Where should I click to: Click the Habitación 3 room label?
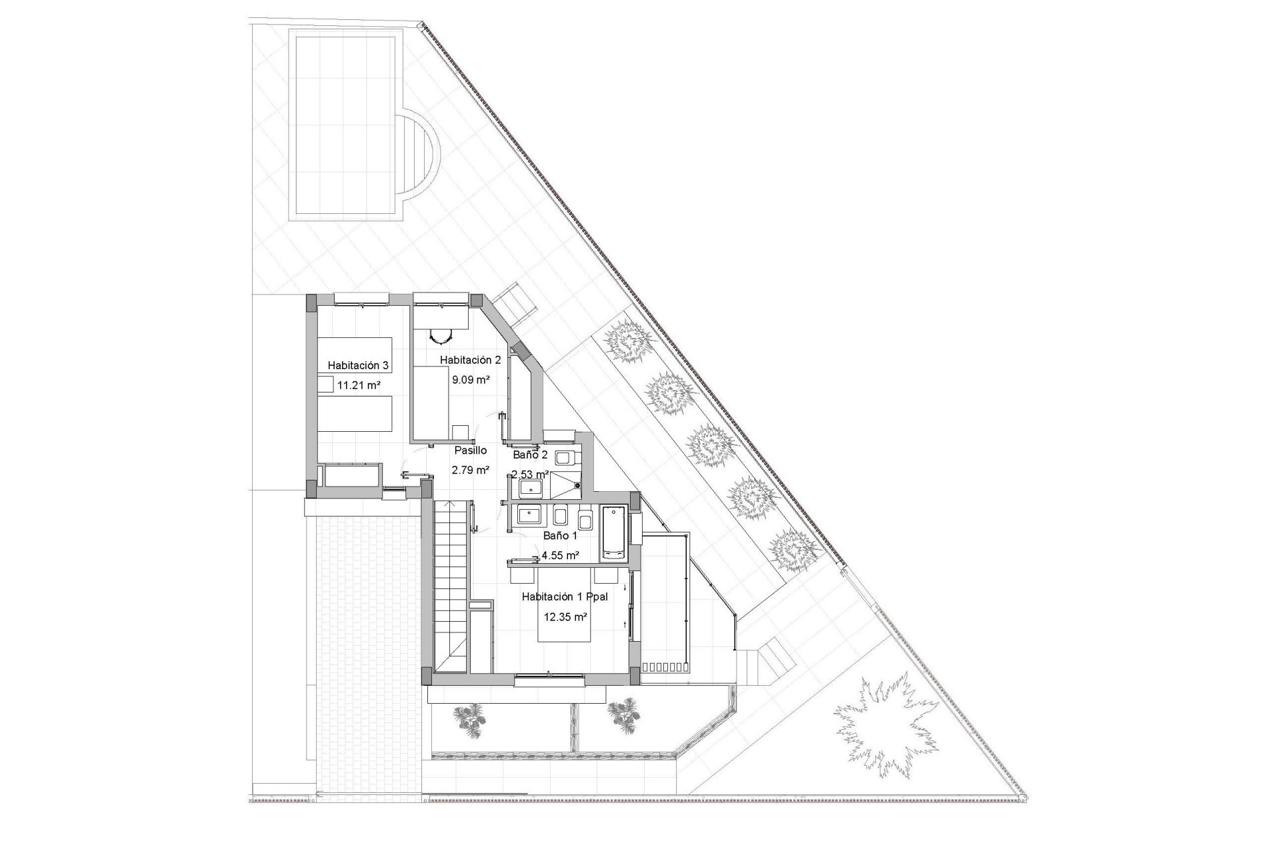tap(358, 365)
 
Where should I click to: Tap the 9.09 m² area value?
tap(471, 380)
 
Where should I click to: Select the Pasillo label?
tap(471, 450)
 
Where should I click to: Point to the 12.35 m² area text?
tap(565, 617)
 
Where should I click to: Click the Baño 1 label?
tap(560, 535)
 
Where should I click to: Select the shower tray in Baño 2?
tap(567, 486)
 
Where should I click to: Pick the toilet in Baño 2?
tap(566, 458)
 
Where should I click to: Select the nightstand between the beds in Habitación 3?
tap(325, 384)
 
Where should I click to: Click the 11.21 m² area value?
tap(359, 385)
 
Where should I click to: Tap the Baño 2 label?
tap(530, 455)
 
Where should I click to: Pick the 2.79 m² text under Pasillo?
tap(471, 470)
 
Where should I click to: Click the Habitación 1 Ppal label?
tap(565, 597)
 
